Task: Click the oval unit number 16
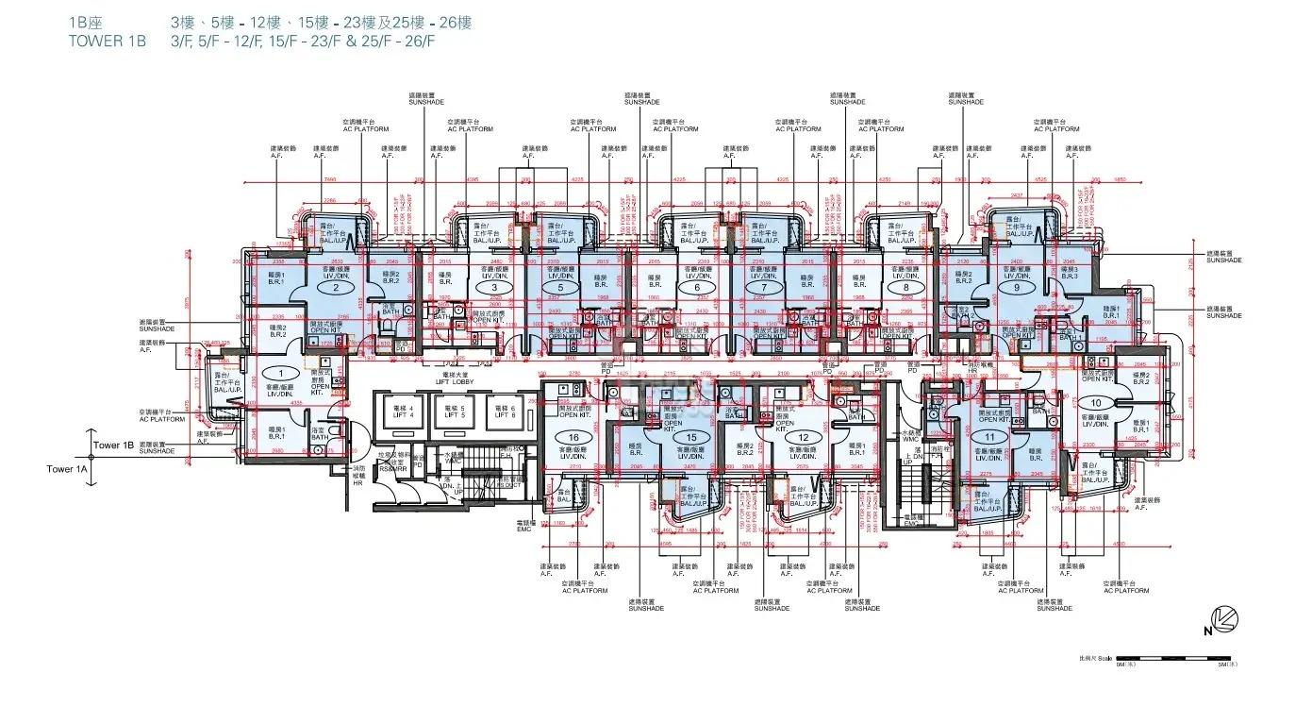click(573, 438)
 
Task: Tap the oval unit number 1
click(277, 374)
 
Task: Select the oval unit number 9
click(1016, 288)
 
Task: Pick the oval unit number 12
click(804, 438)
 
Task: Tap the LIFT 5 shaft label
click(456, 410)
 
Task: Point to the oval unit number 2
click(335, 289)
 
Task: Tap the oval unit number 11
click(989, 438)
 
